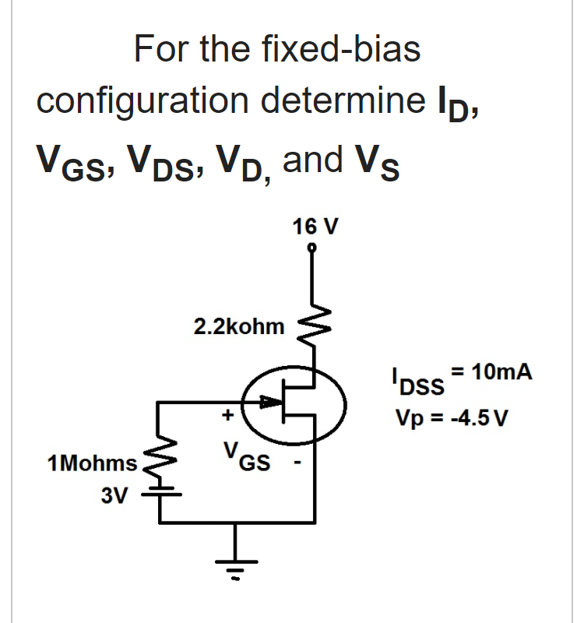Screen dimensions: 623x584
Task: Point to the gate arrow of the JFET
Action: pos(269,402)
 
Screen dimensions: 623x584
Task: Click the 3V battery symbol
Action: pos(160,493)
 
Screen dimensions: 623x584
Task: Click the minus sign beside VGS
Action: pos(297,468)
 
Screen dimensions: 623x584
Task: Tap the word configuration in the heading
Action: pos(146,101)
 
